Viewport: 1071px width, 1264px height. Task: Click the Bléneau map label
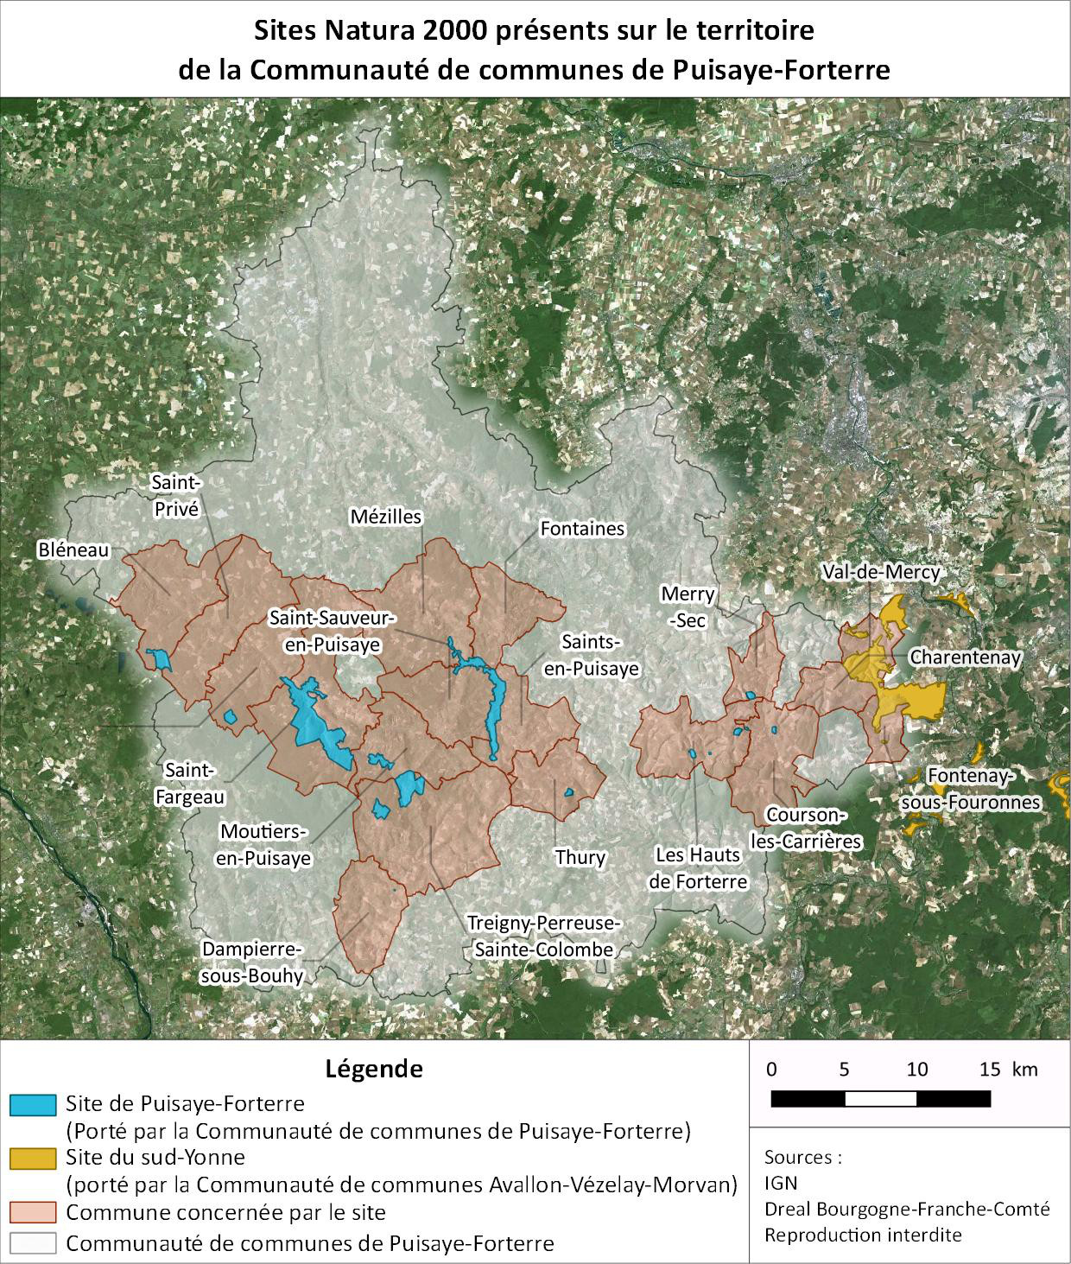(73, 549)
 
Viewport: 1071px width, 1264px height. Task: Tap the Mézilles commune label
(386, 517)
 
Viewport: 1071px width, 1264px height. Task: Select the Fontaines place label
(581, 528)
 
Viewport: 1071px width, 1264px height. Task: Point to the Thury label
(580, 857)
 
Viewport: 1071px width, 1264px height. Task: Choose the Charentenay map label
(965, 657)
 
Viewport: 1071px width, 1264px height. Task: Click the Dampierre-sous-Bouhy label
(251, 962)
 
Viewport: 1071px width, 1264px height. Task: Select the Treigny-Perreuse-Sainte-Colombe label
(543, 936)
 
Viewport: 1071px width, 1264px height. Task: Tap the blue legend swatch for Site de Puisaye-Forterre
(34, 1104)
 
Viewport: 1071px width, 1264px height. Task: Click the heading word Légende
(374, 1069)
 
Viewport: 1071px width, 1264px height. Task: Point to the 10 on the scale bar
(917, 1070)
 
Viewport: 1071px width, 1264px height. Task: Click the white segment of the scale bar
(880, 1099)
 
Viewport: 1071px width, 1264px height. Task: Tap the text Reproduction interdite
(862, 1234)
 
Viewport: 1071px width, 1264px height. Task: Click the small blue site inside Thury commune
(569, 792)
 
